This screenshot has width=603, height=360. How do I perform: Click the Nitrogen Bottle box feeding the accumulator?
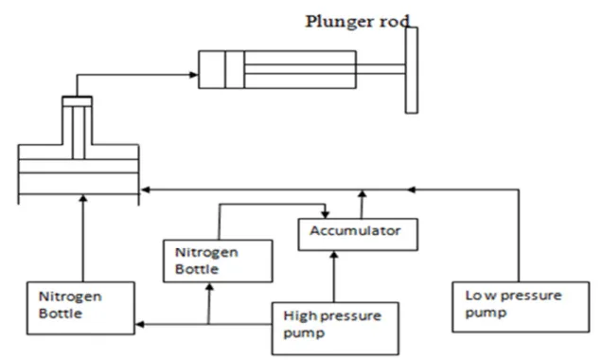[218, 260]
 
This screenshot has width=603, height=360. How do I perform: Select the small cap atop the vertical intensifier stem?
[77, 101]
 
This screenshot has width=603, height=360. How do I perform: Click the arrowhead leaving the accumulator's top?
[361, 193]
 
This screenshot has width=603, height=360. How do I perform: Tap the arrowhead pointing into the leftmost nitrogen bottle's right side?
[141, 325]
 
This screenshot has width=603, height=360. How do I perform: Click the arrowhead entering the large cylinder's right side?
[144, 189]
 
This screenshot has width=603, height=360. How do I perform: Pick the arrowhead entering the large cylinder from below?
[83, 197]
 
